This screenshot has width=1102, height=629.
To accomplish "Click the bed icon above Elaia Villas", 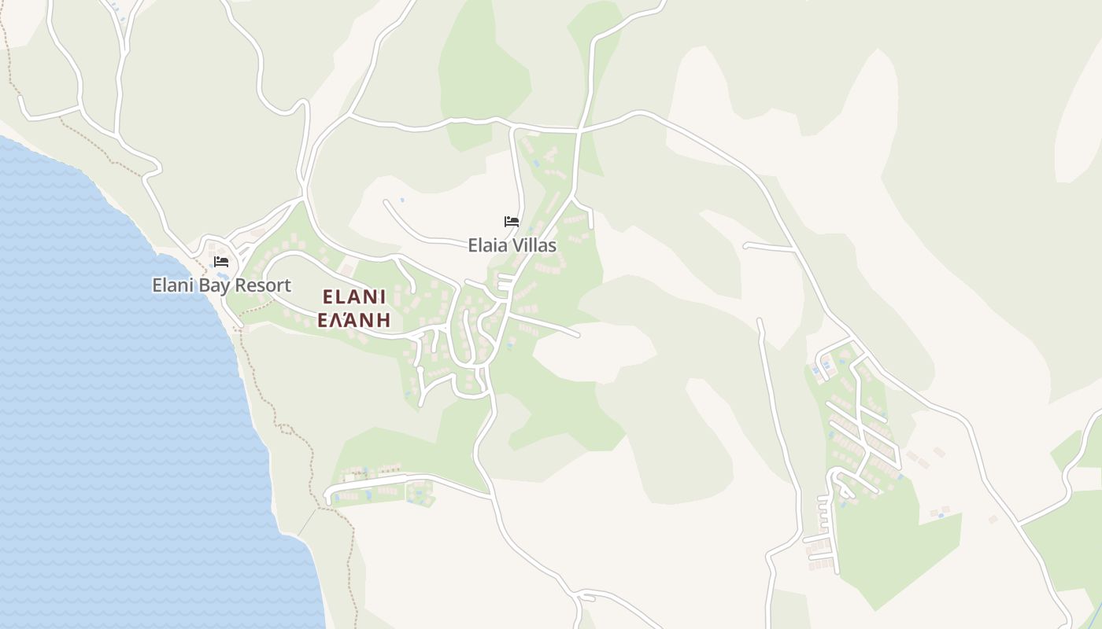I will (x=512, y=222).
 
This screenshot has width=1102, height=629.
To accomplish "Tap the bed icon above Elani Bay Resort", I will (x=221, y=262).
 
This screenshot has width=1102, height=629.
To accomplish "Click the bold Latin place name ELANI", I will (x=354, y=296).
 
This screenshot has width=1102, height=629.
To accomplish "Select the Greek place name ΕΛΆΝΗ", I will (x=354, y=319).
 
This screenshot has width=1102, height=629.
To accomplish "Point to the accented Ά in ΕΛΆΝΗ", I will (x=354, y=319).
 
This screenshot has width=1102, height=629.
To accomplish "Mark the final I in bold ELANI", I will (x=383, y=296).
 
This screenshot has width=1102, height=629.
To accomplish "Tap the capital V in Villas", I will (x=519, y=245).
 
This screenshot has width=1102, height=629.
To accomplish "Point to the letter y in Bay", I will (x=224, y=287).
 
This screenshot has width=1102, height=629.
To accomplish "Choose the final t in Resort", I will (x=288, y=285).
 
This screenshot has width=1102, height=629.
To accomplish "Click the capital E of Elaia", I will (x=472, y=245).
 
